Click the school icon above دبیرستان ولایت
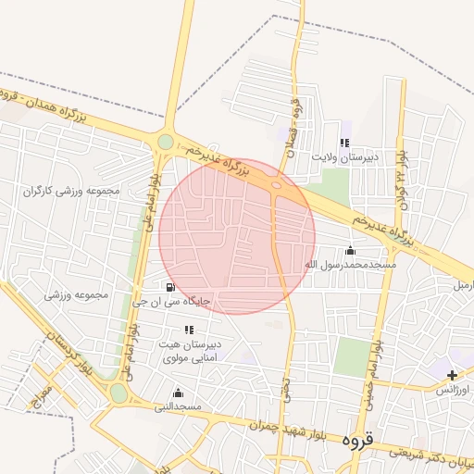[344, 143]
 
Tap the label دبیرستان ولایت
[346, 157]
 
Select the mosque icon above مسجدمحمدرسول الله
[350, 250]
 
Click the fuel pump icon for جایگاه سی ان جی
[169, 287]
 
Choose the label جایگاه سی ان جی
[172, 301]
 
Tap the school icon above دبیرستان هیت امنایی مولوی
[190, 330]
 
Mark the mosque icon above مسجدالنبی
[178, 393]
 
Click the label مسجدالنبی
[176, 406]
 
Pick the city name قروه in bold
[356, 439]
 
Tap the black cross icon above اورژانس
[452, 375]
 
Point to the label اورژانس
[455, 390]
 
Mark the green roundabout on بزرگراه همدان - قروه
[166, 142]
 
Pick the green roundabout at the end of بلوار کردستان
[118, 393]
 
